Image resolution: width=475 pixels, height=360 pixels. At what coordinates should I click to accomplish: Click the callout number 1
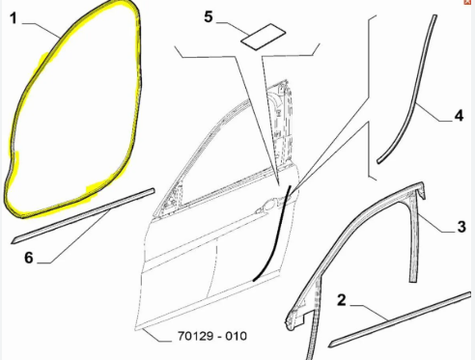coord(14,18)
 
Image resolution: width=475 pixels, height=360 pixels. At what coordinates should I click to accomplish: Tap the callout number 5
coord(209,16)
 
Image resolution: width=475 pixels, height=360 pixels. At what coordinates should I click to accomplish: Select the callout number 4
coord(459,116)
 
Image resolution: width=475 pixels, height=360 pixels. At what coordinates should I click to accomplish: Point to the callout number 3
coord(461,227)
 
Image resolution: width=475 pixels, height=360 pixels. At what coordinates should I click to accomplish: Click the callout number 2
coord(342,300)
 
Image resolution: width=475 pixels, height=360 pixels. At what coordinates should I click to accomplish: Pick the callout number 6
coord(29,258)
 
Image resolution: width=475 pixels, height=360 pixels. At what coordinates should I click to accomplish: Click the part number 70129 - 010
coord(212,336)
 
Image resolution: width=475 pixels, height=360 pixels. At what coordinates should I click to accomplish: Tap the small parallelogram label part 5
coord(264,37)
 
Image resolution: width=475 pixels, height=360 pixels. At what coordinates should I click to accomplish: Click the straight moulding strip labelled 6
coord(83,216)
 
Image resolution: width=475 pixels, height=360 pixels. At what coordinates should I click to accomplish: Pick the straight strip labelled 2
coord(401,319)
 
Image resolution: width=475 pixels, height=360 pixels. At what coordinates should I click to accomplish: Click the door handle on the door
coord(269,204)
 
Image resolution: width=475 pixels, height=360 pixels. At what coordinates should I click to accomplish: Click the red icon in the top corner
coord(467,2)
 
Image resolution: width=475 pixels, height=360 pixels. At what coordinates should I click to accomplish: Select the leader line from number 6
coord(74,236)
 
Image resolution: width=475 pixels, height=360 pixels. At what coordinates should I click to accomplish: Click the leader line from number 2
coord(369,312)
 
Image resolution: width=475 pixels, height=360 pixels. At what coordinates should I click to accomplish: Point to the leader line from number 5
coord(233,29)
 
